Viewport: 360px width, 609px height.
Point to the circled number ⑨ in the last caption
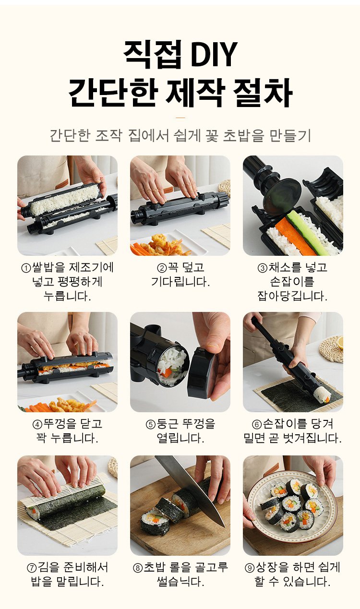(250, 568)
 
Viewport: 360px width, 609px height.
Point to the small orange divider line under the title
(180, 117)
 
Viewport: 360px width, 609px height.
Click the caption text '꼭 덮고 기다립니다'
(180, 275)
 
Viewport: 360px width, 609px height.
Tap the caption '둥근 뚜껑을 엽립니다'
(180, 431)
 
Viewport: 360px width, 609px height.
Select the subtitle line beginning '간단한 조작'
(180, 136)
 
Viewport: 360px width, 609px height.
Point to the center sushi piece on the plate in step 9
(292, 504)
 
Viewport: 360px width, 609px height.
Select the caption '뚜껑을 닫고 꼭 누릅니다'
(67, 431)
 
